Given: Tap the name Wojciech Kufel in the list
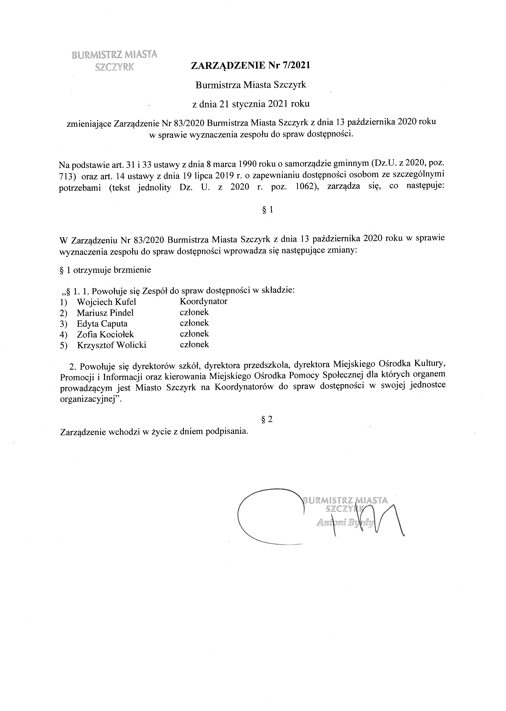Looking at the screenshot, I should point(106,302).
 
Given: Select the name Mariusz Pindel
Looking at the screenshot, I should point(105,313).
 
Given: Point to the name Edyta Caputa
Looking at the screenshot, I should point(102,324).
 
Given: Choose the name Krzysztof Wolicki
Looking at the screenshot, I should point(111,345).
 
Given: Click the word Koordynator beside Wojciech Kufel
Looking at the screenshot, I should point(204,301).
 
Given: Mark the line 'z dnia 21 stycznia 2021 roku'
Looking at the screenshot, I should point(251,104).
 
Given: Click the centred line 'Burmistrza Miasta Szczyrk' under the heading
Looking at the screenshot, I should point(251,85).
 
